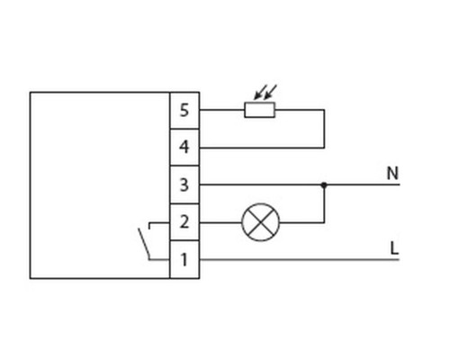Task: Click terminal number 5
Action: (184, 110)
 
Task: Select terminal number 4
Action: (184, 147)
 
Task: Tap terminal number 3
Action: (184, 184)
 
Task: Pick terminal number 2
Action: (184, 222)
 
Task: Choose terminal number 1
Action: (184, 259)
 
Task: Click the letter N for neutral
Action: (392, 174)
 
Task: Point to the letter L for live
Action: (394, 248)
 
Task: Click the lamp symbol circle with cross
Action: (261, 222)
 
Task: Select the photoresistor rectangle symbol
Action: (259, 110)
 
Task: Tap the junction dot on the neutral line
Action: (324, 184)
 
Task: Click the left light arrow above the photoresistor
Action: (259, 92)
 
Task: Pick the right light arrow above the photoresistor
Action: (270, 92)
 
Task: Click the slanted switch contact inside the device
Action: (144, 244)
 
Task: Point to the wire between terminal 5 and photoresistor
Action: (221, 110)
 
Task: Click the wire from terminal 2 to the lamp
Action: (220, 222)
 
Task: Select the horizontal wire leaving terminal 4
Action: (262, 148)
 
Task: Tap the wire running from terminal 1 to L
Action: (300, 259)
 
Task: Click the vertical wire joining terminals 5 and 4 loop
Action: (324, 129)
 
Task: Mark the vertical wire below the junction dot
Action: (324, 205)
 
